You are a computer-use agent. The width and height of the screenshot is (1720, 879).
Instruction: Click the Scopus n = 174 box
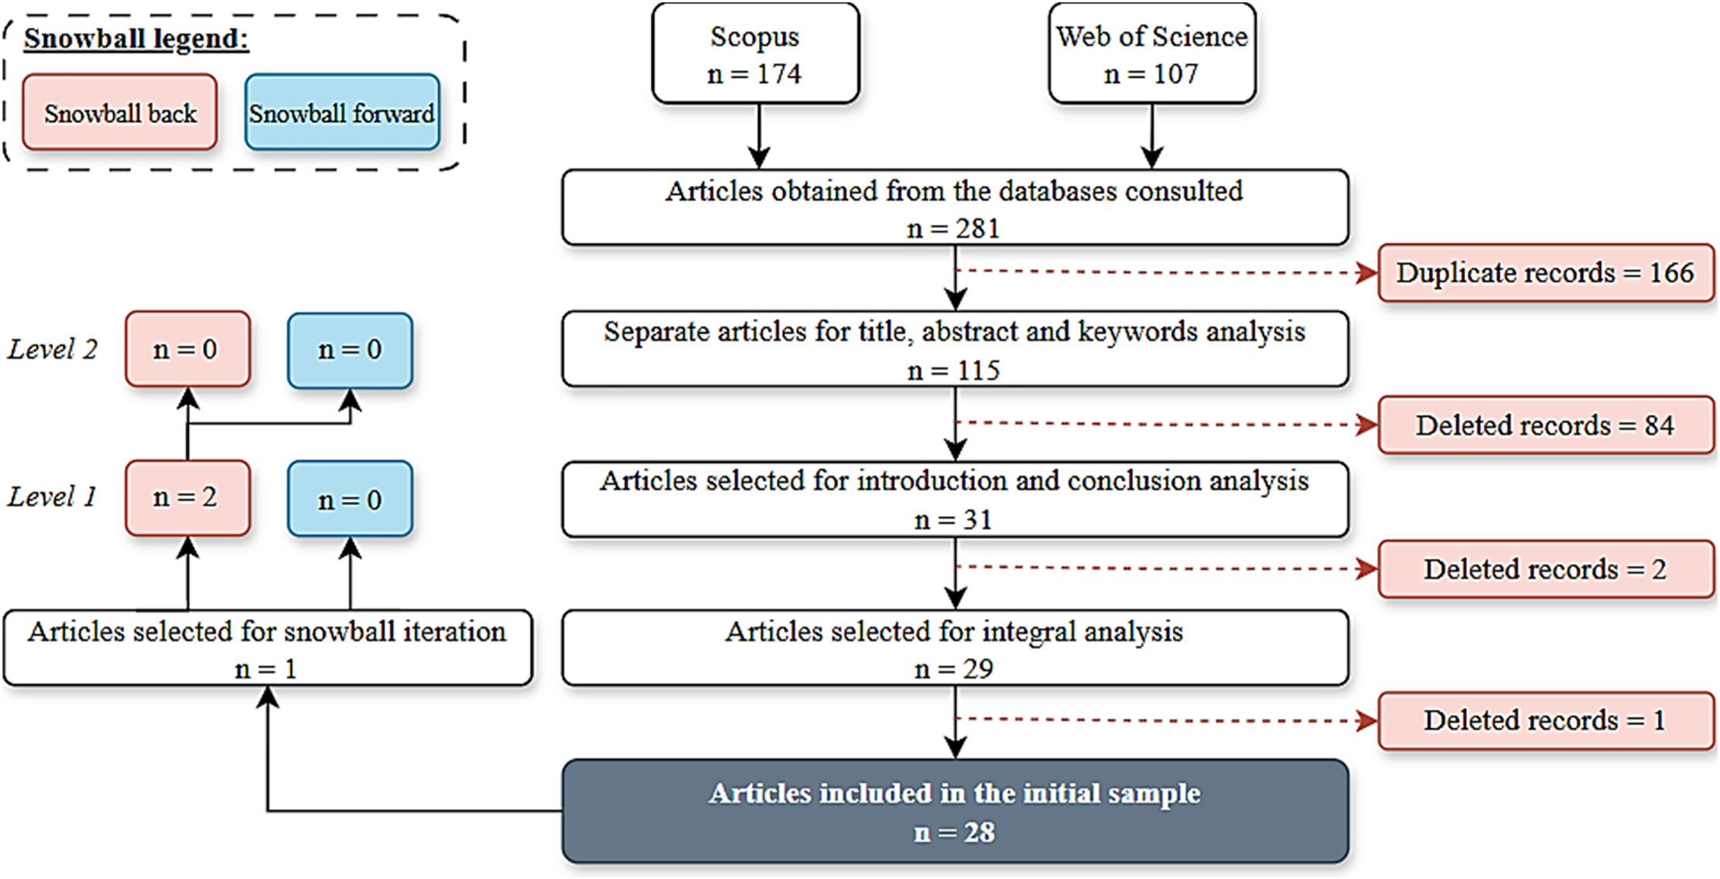click(x=755, y=53)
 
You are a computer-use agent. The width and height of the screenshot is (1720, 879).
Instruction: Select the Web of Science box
click(x=1152, y=53)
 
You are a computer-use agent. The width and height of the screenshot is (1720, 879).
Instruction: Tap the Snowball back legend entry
click(x=120, y=112)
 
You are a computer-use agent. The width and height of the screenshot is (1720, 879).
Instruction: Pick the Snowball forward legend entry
click(x=342, y=112)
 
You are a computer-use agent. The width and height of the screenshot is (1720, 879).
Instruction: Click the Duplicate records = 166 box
click(x=1546, y=272)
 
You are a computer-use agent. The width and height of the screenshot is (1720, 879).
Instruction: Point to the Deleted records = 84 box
click(x=1546, y=425)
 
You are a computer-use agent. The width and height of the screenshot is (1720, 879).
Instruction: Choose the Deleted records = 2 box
click(x=1546, y=569)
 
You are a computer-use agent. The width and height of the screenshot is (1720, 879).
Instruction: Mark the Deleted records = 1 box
click(x=1546, y=720)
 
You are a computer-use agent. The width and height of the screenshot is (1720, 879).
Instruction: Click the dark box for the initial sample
click(x=955, y=811)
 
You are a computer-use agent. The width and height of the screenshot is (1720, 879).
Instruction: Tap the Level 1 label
click(x=52, y=497)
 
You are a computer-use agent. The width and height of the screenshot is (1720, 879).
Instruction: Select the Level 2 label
click(x=52, y=349)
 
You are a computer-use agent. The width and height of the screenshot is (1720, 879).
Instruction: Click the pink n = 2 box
click(x=188, y=498)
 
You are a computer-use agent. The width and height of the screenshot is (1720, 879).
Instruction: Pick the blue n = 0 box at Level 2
click(x=350, y=350)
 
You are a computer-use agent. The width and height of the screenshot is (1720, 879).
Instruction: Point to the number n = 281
click(x=953, y=229)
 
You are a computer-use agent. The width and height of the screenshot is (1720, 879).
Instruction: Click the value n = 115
click(x=953, y=371)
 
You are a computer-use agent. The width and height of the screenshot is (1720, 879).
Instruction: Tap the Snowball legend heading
click(x=136, y=39)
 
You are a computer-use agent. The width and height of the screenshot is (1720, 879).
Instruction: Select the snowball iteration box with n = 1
click(x=268, y=648)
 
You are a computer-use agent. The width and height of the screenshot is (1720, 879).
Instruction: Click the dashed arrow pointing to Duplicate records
click(x=1166, y=272)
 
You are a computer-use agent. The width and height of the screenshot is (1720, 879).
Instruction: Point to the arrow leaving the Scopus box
click(x=759, y=136)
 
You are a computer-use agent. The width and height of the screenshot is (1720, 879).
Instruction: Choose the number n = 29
click(x=953, y=669)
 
